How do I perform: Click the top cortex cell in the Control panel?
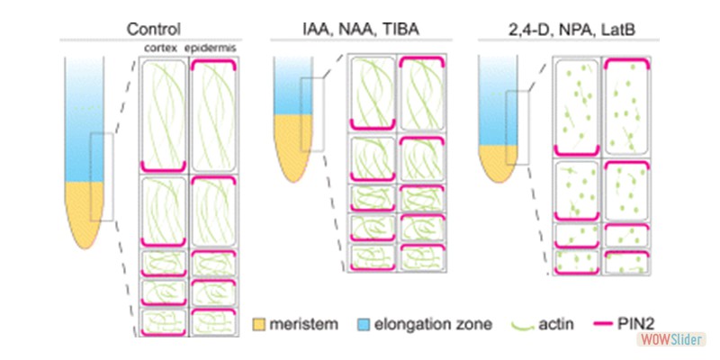click(x=163, y=112)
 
